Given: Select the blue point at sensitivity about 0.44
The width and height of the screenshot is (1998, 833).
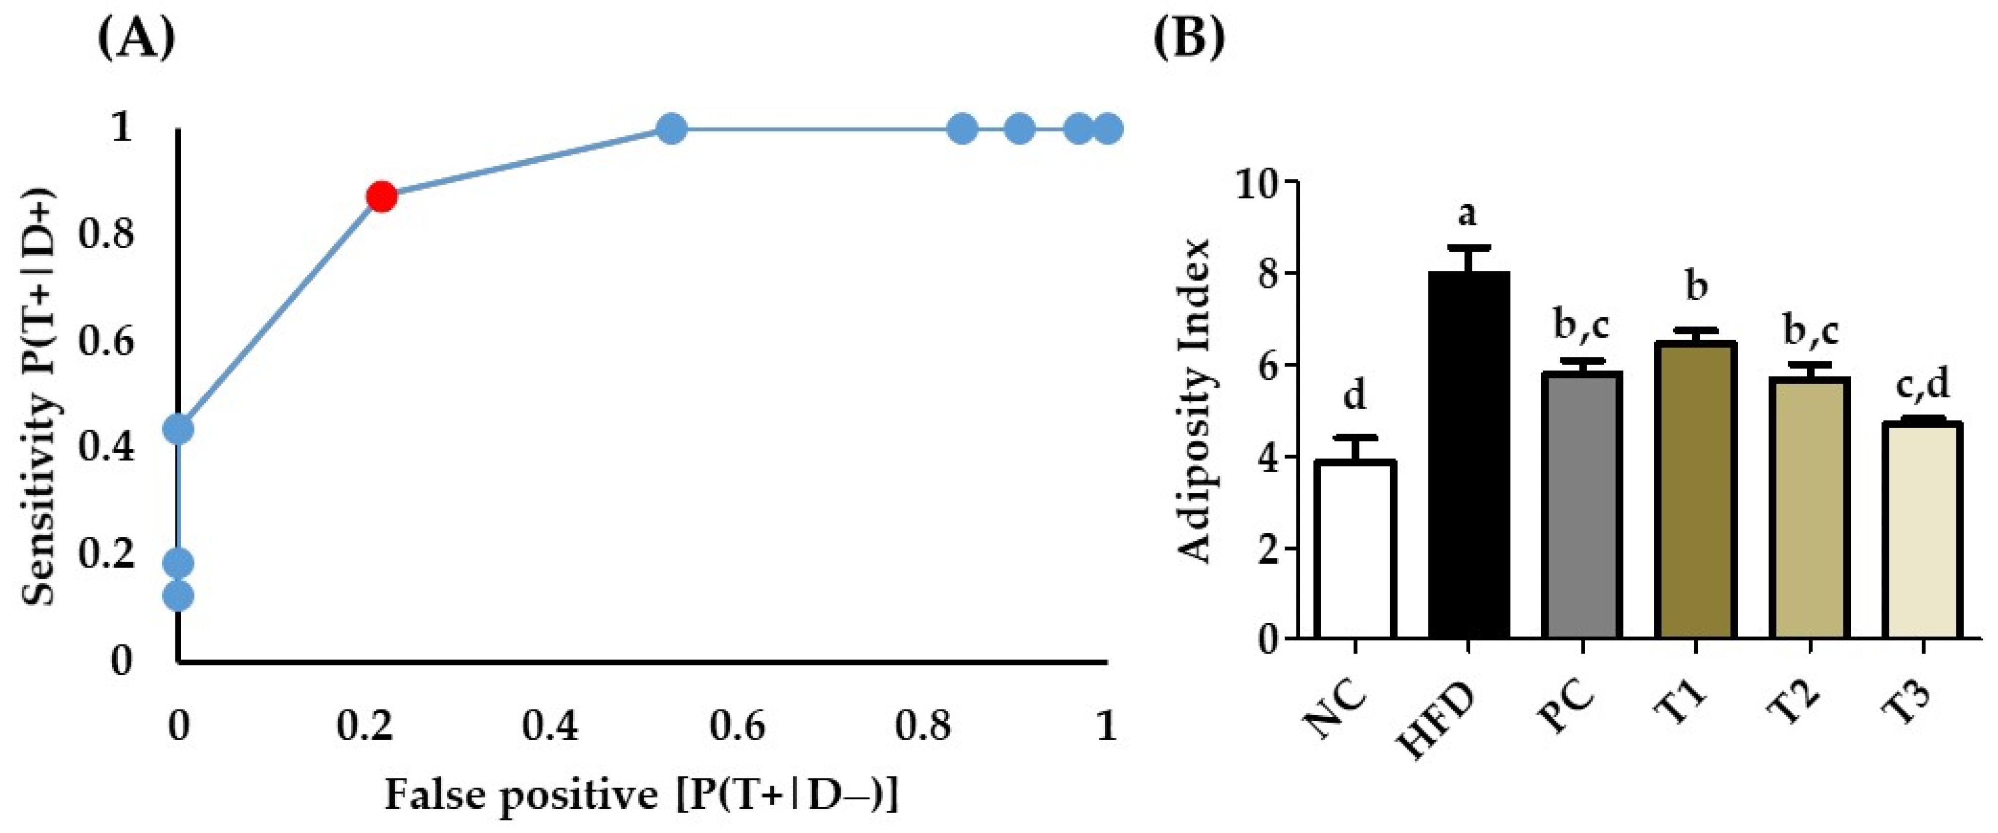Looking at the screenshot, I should [179, 429].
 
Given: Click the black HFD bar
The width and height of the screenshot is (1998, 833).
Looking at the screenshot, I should [1469, 457].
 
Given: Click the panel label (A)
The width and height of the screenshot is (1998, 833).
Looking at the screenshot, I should [136, 40].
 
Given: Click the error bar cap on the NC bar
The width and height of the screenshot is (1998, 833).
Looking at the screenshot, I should [1356, 437].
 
